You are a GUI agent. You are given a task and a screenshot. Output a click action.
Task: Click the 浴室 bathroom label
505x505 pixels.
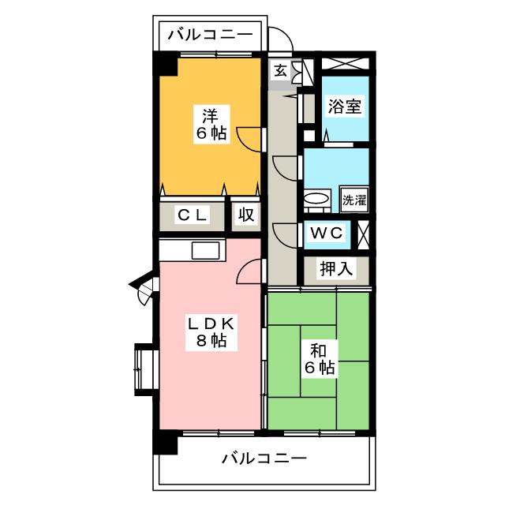pos(344,107)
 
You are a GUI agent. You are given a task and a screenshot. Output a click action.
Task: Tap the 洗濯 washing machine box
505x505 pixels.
pos(354,200)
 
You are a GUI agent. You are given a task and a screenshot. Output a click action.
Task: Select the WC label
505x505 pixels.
pos(327,233)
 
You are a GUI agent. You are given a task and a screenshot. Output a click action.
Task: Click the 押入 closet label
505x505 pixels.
pos(335,268)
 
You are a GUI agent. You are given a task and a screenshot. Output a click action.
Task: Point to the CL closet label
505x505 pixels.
pos(192,215)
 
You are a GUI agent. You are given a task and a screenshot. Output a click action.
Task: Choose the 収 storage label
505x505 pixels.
pos(245,215)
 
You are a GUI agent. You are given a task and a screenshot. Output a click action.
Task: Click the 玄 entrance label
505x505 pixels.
pos(281,70)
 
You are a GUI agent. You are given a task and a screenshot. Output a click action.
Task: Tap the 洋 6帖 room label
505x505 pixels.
pos(211,124)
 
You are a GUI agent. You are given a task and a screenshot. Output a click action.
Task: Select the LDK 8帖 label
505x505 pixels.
pos(211,332)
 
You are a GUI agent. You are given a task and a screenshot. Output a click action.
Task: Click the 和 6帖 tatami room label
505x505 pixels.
pos(320,359)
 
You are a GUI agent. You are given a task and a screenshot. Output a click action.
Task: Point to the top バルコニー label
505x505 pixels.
pos(211,35)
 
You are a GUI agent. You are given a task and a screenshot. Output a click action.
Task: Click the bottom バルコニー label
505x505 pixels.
pos(264,458)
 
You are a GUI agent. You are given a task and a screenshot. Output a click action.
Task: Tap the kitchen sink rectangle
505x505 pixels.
pos(205,251)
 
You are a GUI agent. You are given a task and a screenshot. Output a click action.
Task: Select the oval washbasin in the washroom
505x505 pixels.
pos(317,198)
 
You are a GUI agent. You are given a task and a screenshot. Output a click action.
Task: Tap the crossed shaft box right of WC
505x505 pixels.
pos(363,235)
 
